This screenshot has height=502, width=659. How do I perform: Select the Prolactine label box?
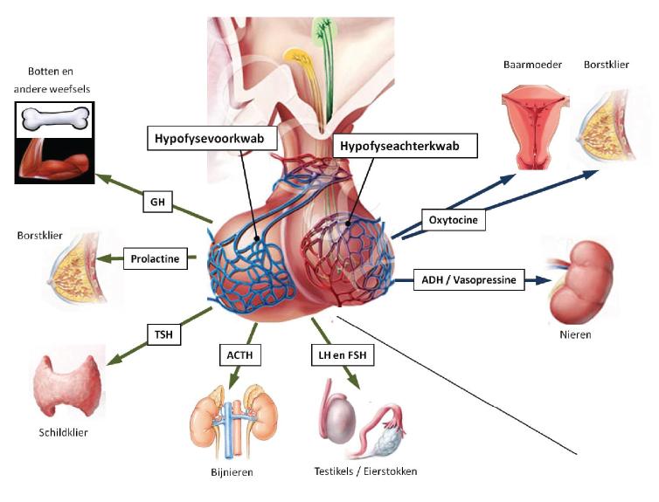[154, 258]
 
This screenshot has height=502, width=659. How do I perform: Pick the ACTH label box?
[240, 355]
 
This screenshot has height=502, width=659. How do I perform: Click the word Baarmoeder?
[526, 65]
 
